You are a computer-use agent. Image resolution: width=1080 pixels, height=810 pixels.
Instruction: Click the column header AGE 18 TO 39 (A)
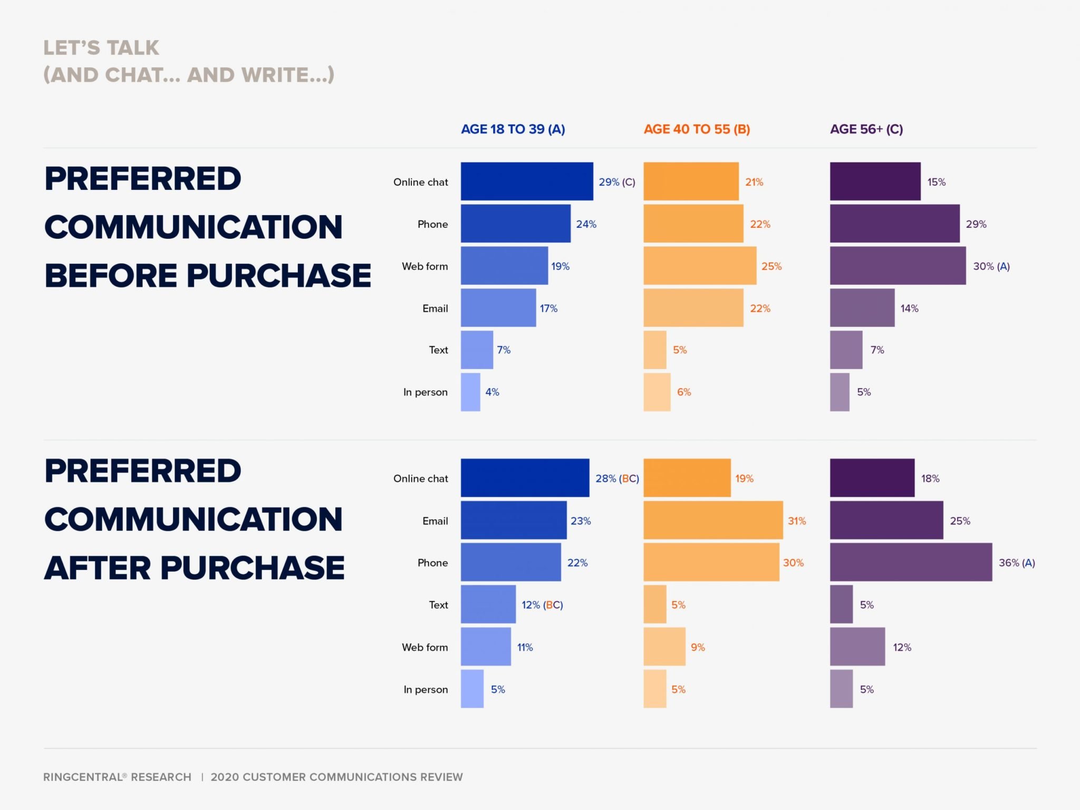click(513, 129)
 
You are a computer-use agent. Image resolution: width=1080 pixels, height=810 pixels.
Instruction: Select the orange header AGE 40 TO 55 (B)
click(697, 129)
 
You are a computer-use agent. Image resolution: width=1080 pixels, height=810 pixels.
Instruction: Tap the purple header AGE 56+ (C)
click(866, 129)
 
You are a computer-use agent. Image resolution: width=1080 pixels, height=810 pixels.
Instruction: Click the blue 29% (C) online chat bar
click(527, 181)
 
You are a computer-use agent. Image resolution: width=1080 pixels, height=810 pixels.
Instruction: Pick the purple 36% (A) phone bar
click(911, 562)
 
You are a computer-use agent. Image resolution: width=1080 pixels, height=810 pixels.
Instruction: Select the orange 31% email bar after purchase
click(713, 520)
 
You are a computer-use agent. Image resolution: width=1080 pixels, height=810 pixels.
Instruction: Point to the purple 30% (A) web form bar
click(898, 266)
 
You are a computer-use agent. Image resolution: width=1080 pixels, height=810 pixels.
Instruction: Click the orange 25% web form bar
click(700, 266)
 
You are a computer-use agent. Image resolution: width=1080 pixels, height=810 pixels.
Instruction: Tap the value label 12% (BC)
click(542, 605)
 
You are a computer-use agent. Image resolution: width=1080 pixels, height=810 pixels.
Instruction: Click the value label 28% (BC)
click(617, 478)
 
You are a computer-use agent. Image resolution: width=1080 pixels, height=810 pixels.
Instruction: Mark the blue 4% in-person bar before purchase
click(470, 392)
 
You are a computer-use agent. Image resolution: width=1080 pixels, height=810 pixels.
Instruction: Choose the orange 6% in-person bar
click(657, 392)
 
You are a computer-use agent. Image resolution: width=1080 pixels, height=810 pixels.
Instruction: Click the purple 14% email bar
click(862, 308)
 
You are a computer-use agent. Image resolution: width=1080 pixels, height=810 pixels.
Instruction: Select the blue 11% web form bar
click(486, 647)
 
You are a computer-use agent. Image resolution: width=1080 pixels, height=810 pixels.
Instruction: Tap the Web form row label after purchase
click(425, 647)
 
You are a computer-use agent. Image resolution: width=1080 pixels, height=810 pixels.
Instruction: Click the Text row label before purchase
click(438, 350)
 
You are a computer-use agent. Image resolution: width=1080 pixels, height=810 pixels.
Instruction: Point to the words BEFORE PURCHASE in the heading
click(208, 275)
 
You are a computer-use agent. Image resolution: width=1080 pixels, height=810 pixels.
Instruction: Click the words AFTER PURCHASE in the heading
click(194, 568)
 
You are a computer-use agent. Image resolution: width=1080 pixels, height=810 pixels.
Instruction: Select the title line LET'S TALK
click(101, 48)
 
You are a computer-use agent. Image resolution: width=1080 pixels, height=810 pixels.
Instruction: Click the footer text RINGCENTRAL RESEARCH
click(117, 777)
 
